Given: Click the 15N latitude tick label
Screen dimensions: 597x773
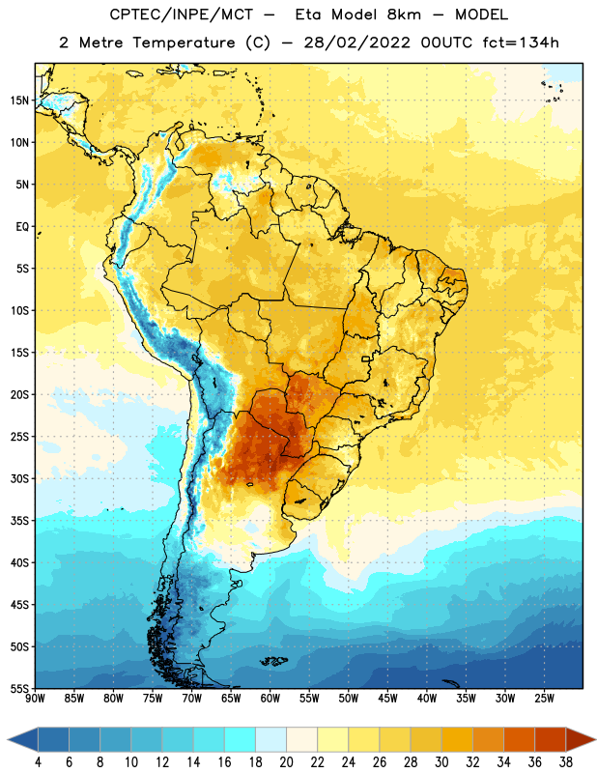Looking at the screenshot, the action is pos(19,100).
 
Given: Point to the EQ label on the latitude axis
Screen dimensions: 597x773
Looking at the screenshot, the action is pos(22,227).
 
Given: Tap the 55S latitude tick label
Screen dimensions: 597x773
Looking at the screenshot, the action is pos(19,688).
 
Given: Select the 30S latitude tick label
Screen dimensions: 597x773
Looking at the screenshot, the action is pos(19,478).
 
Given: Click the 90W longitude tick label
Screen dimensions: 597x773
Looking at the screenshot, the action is pos(36,699).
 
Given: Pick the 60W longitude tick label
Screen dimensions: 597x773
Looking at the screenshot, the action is pos(270,699).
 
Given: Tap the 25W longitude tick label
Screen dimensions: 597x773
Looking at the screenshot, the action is pos(544,699).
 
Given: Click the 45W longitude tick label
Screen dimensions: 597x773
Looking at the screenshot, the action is pos(387,699).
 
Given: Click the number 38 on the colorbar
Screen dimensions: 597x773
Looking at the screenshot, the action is pos(566,762).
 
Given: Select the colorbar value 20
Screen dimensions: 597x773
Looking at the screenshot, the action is pos(286,762).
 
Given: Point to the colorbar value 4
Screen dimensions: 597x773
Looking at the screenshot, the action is pos(38,762).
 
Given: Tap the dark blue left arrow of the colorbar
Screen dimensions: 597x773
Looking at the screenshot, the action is pos(22,739).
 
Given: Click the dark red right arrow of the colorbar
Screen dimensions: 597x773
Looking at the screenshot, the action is pos(582,739).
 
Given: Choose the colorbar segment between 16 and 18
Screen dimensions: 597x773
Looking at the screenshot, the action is pos(240,739).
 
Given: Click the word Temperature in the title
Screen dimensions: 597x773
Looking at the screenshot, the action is pos(184,43).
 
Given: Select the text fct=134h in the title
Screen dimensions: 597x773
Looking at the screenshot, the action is pos(521,43).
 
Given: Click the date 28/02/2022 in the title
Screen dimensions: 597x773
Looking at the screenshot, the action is pos(356,43).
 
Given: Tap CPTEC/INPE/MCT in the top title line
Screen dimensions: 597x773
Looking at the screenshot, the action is pos(181,14).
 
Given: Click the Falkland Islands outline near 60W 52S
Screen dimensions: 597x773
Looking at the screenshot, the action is pos(273,661).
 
